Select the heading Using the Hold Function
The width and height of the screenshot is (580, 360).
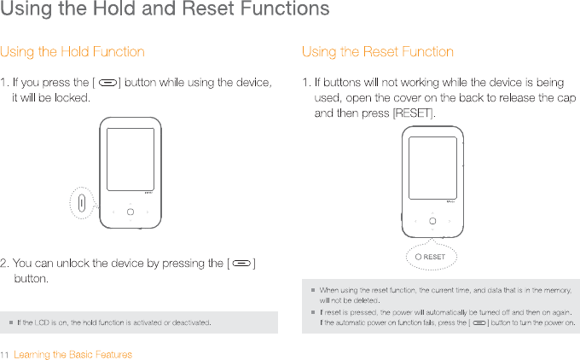coord(72,52)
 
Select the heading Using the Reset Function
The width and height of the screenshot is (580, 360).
coord(378,52)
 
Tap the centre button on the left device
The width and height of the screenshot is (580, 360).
coord(130,211)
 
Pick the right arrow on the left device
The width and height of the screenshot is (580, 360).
coord(146,211)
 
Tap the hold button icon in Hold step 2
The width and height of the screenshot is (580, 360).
coord(241,264)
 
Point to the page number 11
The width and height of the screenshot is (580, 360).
coord(5,355)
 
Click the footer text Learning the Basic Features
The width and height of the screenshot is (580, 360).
coord(73,355)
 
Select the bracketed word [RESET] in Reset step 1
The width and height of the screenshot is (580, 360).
coord(413,113)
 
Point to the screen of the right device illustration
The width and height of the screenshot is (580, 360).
coord(433,166)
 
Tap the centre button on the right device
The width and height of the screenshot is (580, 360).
coord(432,220)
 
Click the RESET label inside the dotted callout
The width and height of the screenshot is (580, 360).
coord(435,257)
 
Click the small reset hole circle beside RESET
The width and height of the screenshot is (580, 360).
coord(418,257)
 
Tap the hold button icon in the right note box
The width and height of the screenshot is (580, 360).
coord(478,323)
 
